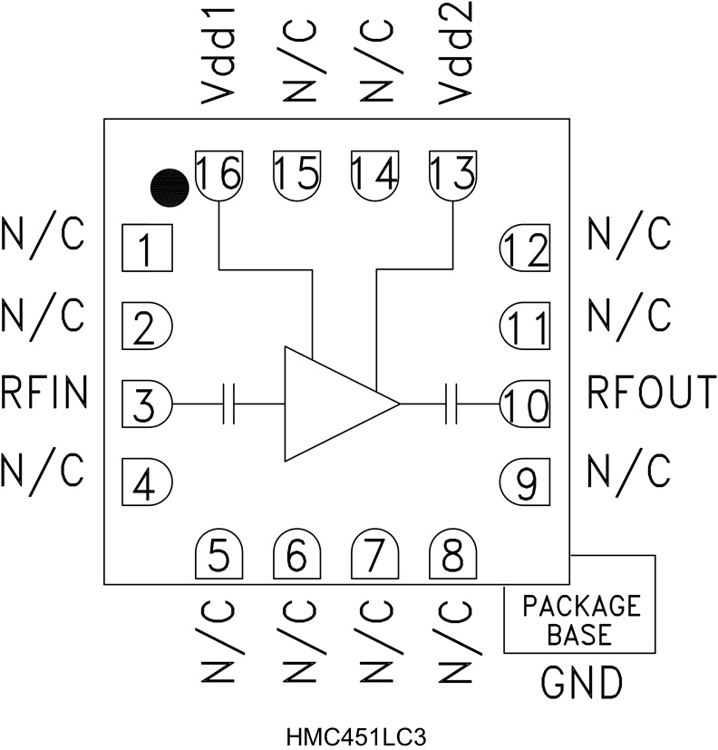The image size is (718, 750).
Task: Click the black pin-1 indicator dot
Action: [169, 187]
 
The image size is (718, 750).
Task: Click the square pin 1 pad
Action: [147, 247]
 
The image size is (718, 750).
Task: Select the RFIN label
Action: [44, 394]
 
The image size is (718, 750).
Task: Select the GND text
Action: [581, 681]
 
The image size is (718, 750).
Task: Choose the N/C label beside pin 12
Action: [630, 235]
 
